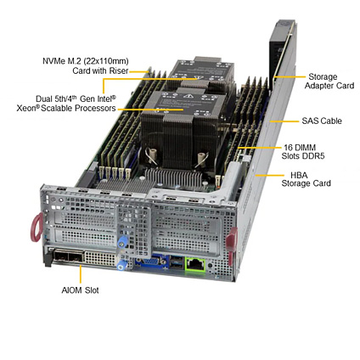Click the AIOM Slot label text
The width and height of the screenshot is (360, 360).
(80, 290)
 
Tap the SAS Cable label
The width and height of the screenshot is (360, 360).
(322, 121)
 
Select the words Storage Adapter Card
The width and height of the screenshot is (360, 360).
(329, 82)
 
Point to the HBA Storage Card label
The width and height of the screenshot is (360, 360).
(306, 179)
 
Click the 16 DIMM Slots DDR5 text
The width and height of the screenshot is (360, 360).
(303, 152)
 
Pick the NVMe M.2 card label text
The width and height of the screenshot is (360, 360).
(86, 65)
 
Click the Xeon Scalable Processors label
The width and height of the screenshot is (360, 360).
(66, 104)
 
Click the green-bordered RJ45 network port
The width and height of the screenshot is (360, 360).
(195, 265)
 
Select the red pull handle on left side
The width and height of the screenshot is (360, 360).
(37, 228)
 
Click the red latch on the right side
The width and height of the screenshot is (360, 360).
(232, 239)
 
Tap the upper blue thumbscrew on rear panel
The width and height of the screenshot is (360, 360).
(122, 242)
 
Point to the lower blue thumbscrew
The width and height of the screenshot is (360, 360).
(121, 265)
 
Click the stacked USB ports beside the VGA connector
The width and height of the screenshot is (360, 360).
(175, 262)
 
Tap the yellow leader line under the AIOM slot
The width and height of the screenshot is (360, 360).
(81, 273)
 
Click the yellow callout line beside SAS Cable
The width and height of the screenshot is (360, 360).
(284, 121)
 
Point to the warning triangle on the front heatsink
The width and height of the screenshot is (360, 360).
(187, 96)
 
